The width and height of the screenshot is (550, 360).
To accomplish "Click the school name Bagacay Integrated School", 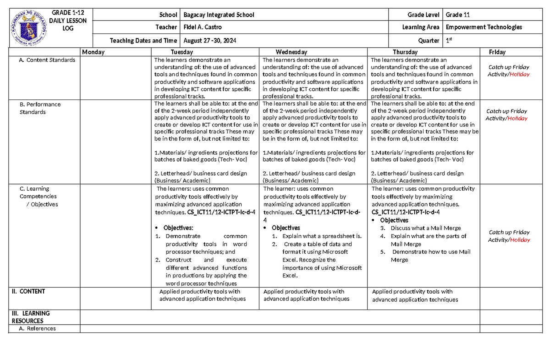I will pos(219,15).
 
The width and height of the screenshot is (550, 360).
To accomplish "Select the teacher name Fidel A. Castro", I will pos(203,28).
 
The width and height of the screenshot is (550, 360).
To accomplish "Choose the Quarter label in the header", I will pos(429,40).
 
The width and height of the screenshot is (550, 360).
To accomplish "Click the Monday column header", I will pos(93,52).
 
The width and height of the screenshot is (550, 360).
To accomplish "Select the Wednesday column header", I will pos(291,52).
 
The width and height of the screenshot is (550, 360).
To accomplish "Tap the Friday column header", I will pos(497,52).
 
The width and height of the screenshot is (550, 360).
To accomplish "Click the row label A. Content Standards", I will pos(47,60).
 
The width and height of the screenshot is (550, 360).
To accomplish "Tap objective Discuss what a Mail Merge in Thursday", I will pos(425,228).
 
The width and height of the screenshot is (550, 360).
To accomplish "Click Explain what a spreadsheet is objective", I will pos(322,236).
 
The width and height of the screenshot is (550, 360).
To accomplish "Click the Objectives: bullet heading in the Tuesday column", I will pos(178,228).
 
